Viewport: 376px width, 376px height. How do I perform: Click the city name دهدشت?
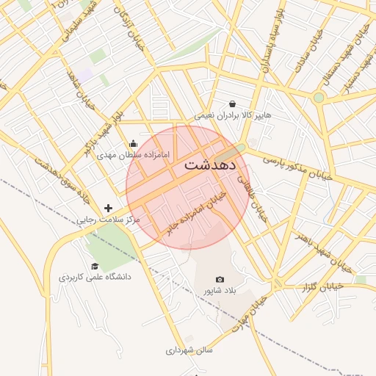click(210, 164)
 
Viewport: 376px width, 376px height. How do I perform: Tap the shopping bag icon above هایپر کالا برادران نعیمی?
click(233, 104)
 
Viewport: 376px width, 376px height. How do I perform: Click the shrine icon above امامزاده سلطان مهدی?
click(133, 144)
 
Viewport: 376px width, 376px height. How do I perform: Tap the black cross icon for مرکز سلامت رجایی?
click(109, 209)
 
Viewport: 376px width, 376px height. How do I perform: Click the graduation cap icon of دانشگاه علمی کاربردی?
click(94, 266)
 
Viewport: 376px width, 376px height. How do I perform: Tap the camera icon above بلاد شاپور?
click(220, 280)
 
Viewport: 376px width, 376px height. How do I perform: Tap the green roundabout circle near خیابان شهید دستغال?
click(319, 97)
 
